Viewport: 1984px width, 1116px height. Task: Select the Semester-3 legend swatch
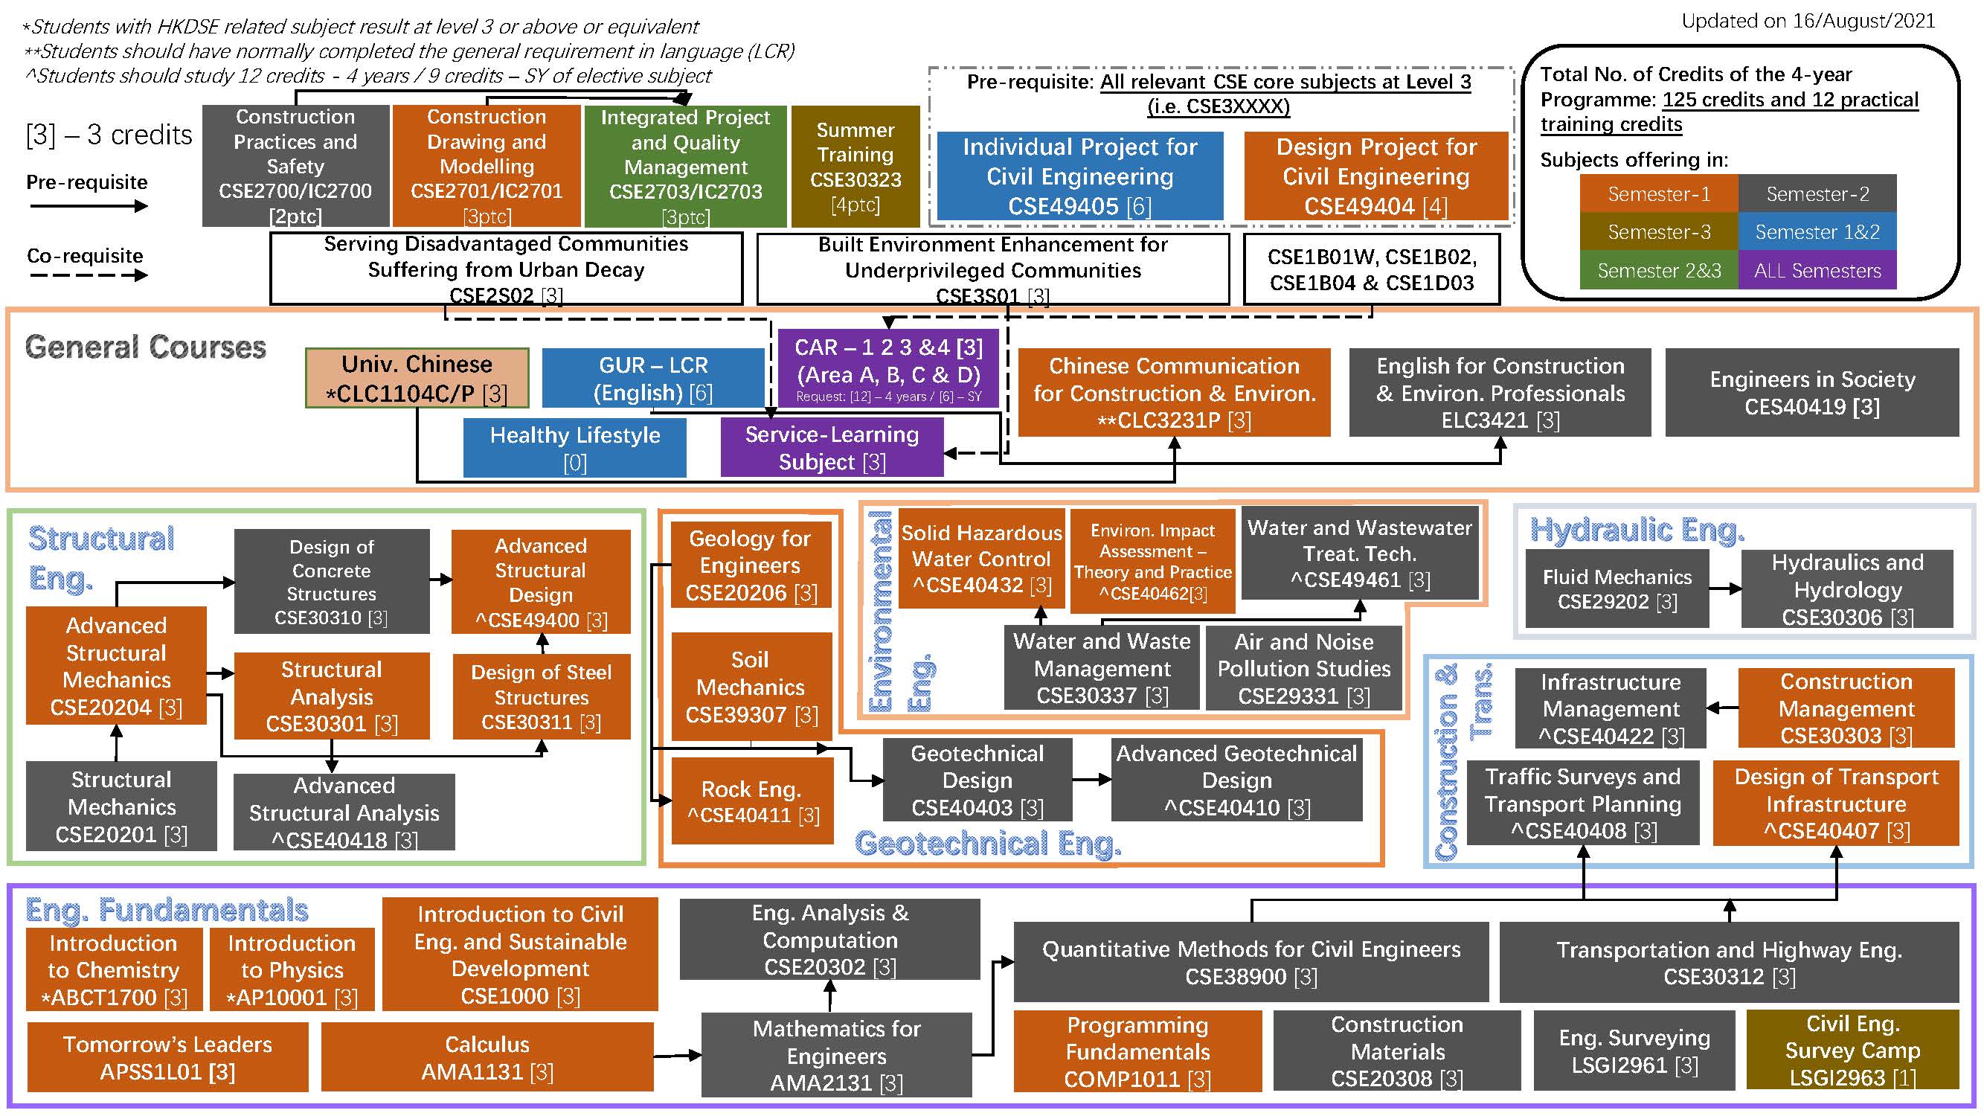[1658, 232]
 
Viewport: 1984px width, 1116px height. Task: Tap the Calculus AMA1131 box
[487, 1056]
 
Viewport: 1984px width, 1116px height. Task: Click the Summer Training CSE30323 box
[855, 167]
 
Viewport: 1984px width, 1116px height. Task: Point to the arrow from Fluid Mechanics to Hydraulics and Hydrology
[1725, 589]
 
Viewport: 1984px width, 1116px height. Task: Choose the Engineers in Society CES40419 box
[1811, 393]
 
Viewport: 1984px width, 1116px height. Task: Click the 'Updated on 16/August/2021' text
[1808, 21]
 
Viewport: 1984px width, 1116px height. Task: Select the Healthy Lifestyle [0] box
[574, 447]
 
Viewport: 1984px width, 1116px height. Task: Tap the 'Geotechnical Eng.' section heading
[987, 844]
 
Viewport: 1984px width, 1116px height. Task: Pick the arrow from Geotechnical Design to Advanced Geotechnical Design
[1091, 780]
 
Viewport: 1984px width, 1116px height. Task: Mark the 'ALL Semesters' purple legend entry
[1817, 270]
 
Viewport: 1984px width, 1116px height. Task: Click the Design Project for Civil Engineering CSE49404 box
[1375, 176]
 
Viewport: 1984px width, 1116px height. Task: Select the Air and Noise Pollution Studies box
[1304, 668]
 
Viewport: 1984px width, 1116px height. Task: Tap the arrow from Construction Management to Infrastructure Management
[1722, 708]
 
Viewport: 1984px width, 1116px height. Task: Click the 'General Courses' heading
[146, 347]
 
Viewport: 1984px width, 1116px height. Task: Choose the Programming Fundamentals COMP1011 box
[1137, 1051]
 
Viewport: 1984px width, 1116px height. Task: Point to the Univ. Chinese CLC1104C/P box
[417, 378]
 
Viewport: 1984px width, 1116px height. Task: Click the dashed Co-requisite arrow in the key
[87, 275]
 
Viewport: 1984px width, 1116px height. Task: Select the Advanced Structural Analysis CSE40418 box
[344, 812]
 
